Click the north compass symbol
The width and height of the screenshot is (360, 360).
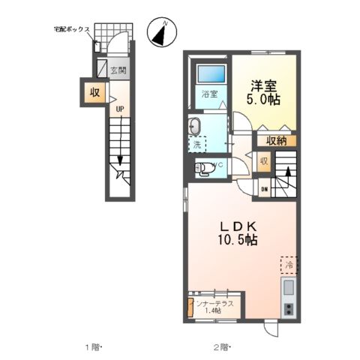coord(160,32)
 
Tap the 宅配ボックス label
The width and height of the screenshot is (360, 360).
coord(72,29)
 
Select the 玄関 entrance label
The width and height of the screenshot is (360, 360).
coord(118,70)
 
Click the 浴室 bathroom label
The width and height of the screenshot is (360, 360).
coord(209,94)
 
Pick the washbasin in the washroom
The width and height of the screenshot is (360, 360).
coord(194,125)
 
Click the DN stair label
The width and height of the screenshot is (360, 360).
coord(264,189)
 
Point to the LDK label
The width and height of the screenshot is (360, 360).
coord(238,226)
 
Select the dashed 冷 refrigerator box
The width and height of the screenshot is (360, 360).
coord(289,265)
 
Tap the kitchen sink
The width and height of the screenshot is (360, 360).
coord(289,289)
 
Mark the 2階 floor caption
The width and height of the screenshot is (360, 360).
coord(220,347)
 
